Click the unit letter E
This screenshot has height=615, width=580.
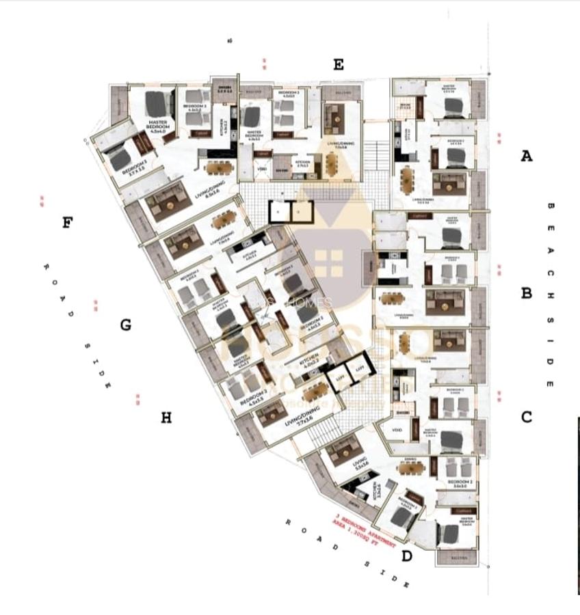click(338, 65)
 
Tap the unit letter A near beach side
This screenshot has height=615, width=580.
click(526, 156)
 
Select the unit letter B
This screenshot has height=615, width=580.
click(526, 293)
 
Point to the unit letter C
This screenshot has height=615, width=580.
click(526, 417)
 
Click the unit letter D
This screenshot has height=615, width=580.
click(407, 556)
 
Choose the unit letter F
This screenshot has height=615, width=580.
click(67, 222)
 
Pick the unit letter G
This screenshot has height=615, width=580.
click(125, 325)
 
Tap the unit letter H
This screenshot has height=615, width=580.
click(166, 418)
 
